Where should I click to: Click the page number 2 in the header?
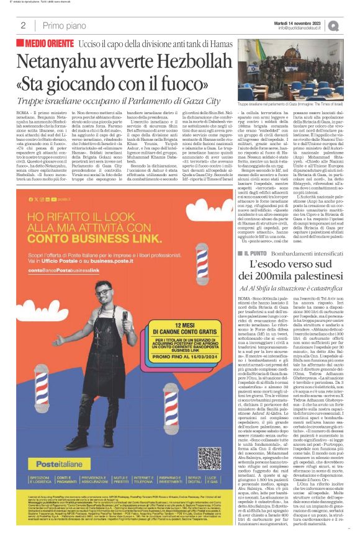[23, 25]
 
